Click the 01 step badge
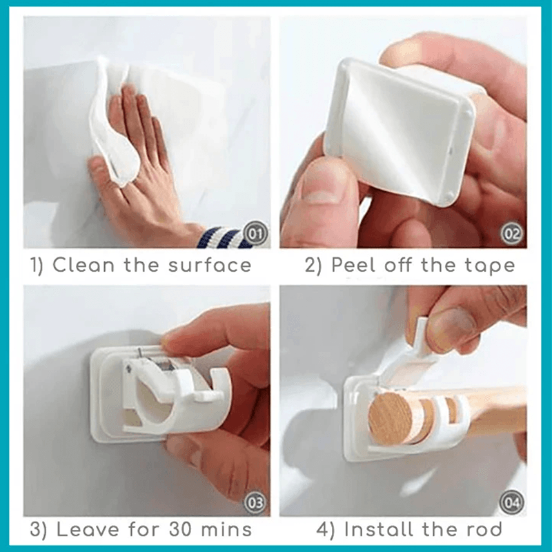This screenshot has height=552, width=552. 256,234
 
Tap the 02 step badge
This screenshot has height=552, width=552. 512,234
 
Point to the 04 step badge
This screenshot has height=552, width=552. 512,502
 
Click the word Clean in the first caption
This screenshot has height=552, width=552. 83,265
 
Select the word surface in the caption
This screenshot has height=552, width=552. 210,265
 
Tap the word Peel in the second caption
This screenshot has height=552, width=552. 354,265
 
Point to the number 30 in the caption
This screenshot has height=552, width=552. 181,530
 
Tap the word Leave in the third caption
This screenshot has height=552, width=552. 88,530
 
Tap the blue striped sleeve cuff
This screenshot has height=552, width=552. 217,237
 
